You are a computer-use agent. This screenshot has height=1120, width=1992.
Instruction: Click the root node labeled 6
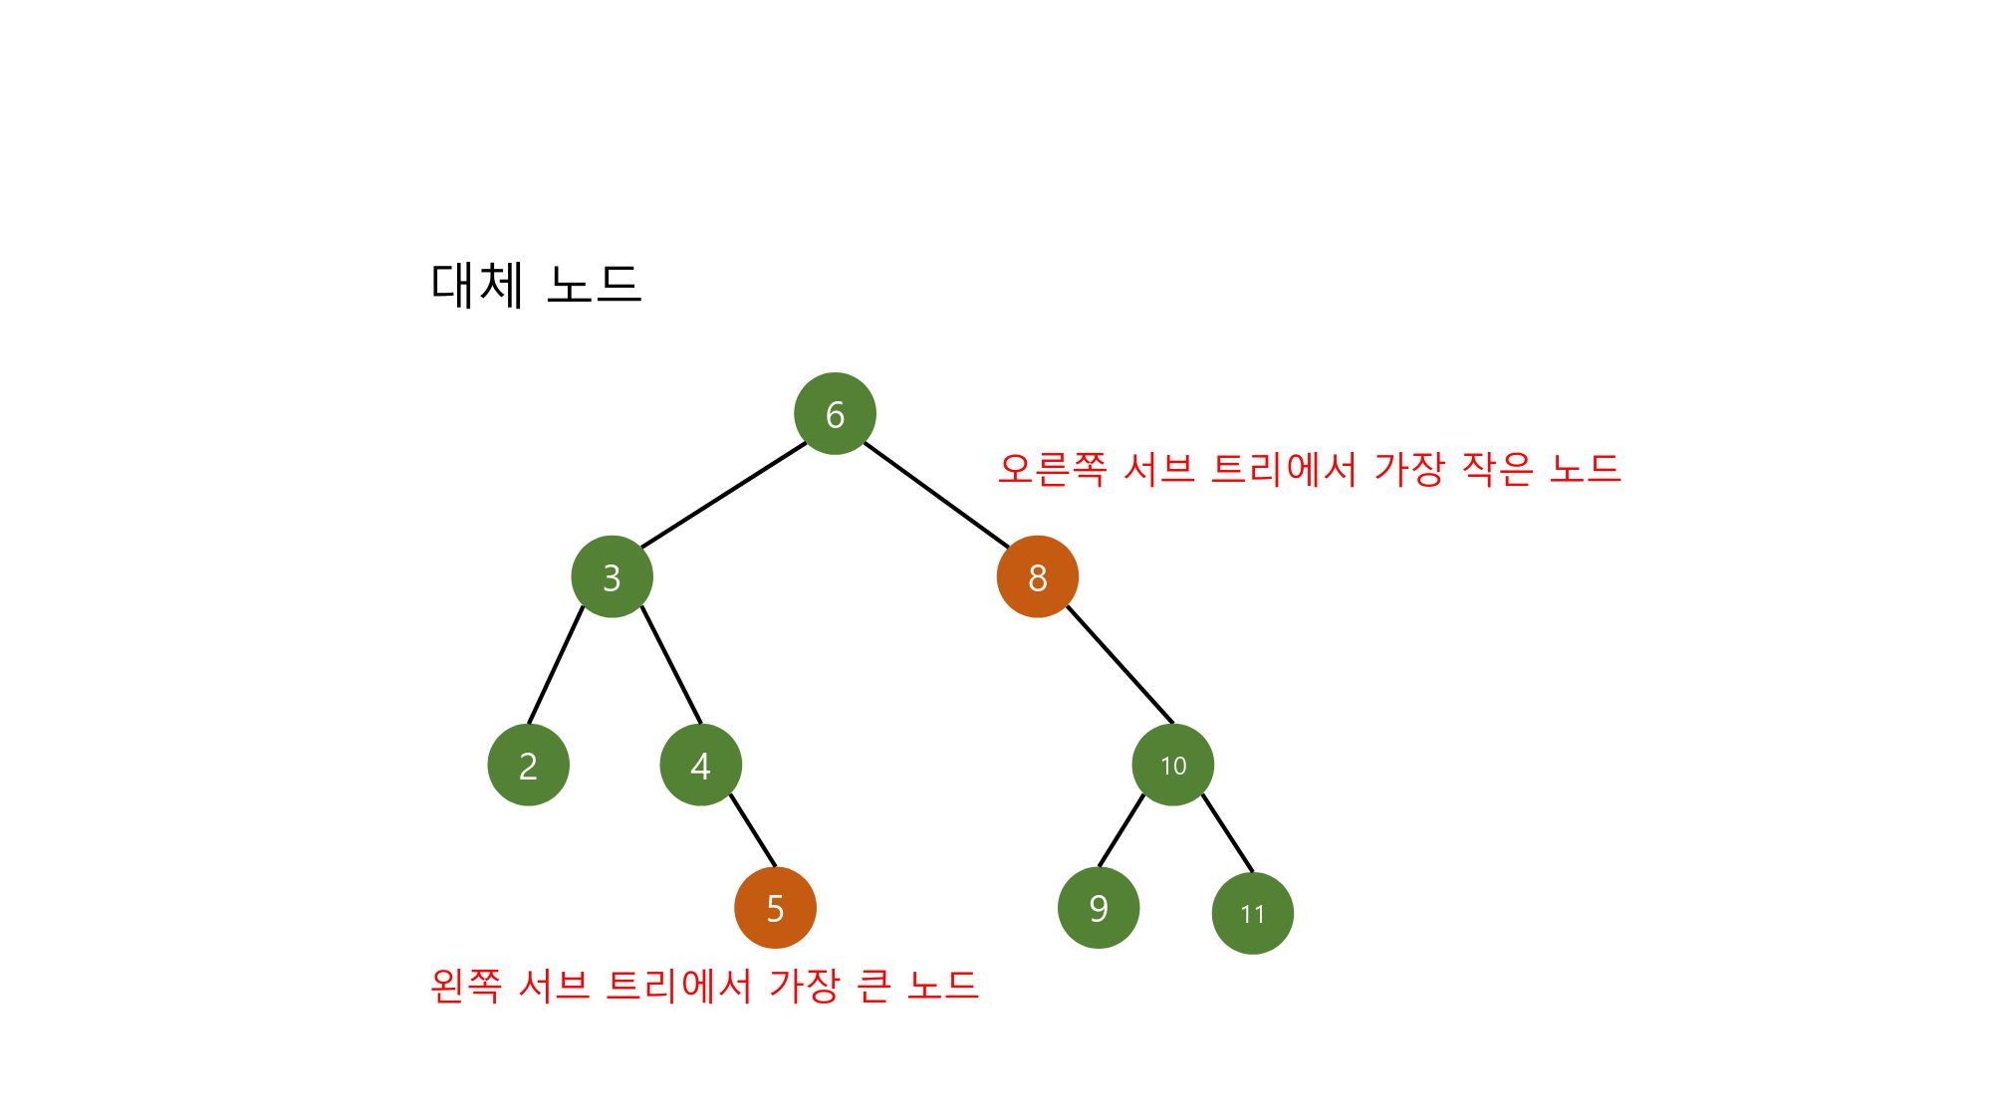coord(835,414)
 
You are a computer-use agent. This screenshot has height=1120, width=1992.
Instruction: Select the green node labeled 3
coord(612,576)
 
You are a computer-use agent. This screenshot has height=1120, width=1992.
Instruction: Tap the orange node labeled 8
coord(1037,576)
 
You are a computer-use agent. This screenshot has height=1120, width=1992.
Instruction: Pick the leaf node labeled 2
coord(528,765)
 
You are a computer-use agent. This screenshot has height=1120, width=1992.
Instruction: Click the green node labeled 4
coord(700,765)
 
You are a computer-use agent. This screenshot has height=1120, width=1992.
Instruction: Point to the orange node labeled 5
coord(775,908)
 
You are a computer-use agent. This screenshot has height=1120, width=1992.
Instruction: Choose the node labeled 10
coord(1172,765)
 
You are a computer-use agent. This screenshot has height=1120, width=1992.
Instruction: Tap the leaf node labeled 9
coord(1098,908)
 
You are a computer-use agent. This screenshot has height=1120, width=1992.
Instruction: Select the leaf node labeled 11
coord(1252,913)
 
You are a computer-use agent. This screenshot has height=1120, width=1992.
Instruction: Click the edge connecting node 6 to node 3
coord(724,495)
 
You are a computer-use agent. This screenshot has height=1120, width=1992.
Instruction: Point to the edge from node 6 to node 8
coord(936,495)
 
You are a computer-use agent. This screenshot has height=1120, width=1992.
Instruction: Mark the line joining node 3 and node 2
coord(556,664)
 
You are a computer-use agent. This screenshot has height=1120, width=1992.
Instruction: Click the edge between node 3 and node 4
coord(671,664)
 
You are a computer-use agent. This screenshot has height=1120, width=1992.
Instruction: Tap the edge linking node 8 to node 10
coord(1120,664)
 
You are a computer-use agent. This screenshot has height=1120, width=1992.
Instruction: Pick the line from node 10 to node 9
coord(1121,829)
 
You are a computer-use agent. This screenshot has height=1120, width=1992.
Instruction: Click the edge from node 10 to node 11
coord(1227,832)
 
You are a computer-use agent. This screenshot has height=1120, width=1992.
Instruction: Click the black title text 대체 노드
coord(536,285)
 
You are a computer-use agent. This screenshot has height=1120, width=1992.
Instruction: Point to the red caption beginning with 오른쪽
coord(1309,468)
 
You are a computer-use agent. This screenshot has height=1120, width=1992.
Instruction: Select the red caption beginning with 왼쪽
coord(704,986)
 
